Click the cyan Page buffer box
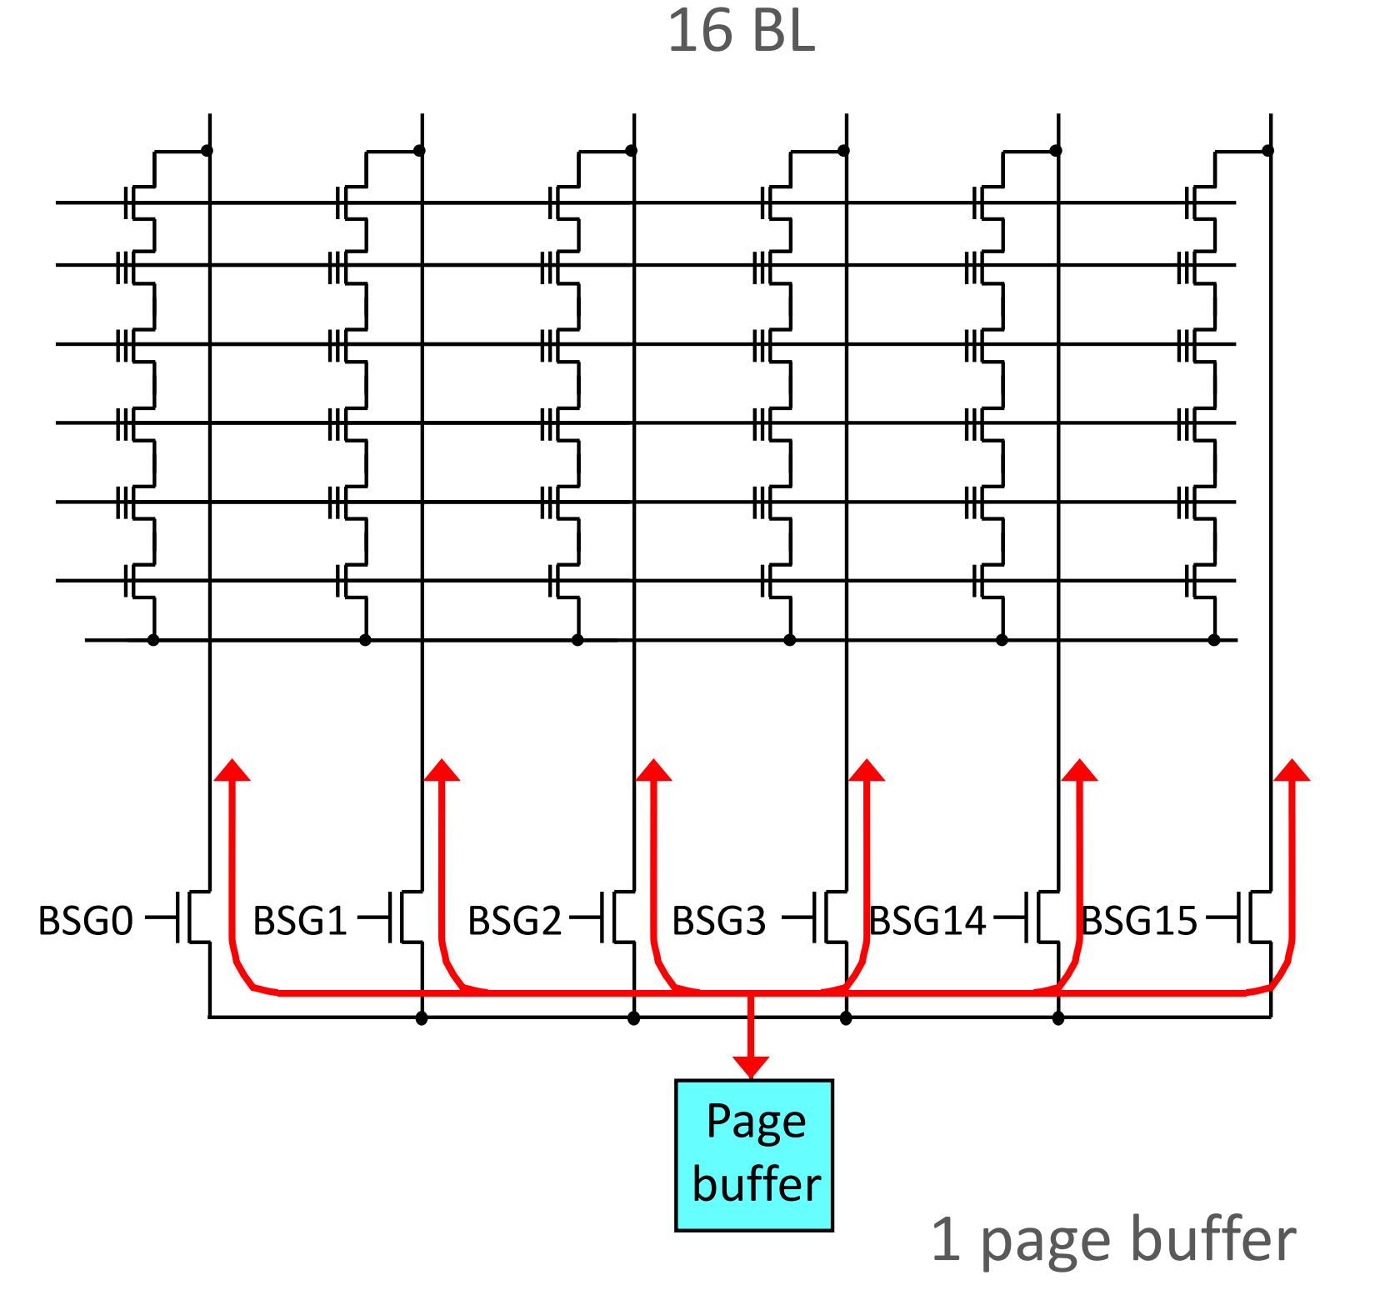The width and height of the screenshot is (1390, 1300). (x=753, y=1155)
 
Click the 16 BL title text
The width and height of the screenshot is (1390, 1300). (x=741, y=32)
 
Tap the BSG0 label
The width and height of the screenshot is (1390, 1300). (x=86, y=921)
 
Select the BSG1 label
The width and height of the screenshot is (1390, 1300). (x=299, y=921)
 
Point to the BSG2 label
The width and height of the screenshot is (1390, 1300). (x=514, y=921)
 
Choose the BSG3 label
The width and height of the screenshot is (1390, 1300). (x=718, y=921)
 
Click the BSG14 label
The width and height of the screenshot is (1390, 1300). (x=927, y=921)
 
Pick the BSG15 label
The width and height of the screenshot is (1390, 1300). (x=1138, y=921)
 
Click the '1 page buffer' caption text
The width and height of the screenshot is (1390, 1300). (x=1113, y=1240)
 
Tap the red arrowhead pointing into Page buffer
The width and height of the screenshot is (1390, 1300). (x=751, y=1067)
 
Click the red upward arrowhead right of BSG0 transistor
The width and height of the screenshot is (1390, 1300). (x=232, y=771)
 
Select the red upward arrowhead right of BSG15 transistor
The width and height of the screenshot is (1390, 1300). (x=1292, y=771)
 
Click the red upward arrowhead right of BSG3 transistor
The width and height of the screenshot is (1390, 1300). (x=867, y=771)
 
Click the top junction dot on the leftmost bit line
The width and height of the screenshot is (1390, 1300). (x=207, y=151)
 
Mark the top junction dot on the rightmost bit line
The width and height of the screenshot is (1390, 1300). (x=1267, y=151)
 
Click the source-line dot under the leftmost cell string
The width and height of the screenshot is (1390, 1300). (x=153, y=640)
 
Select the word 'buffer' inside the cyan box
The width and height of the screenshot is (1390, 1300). (x=757, y=1185)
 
